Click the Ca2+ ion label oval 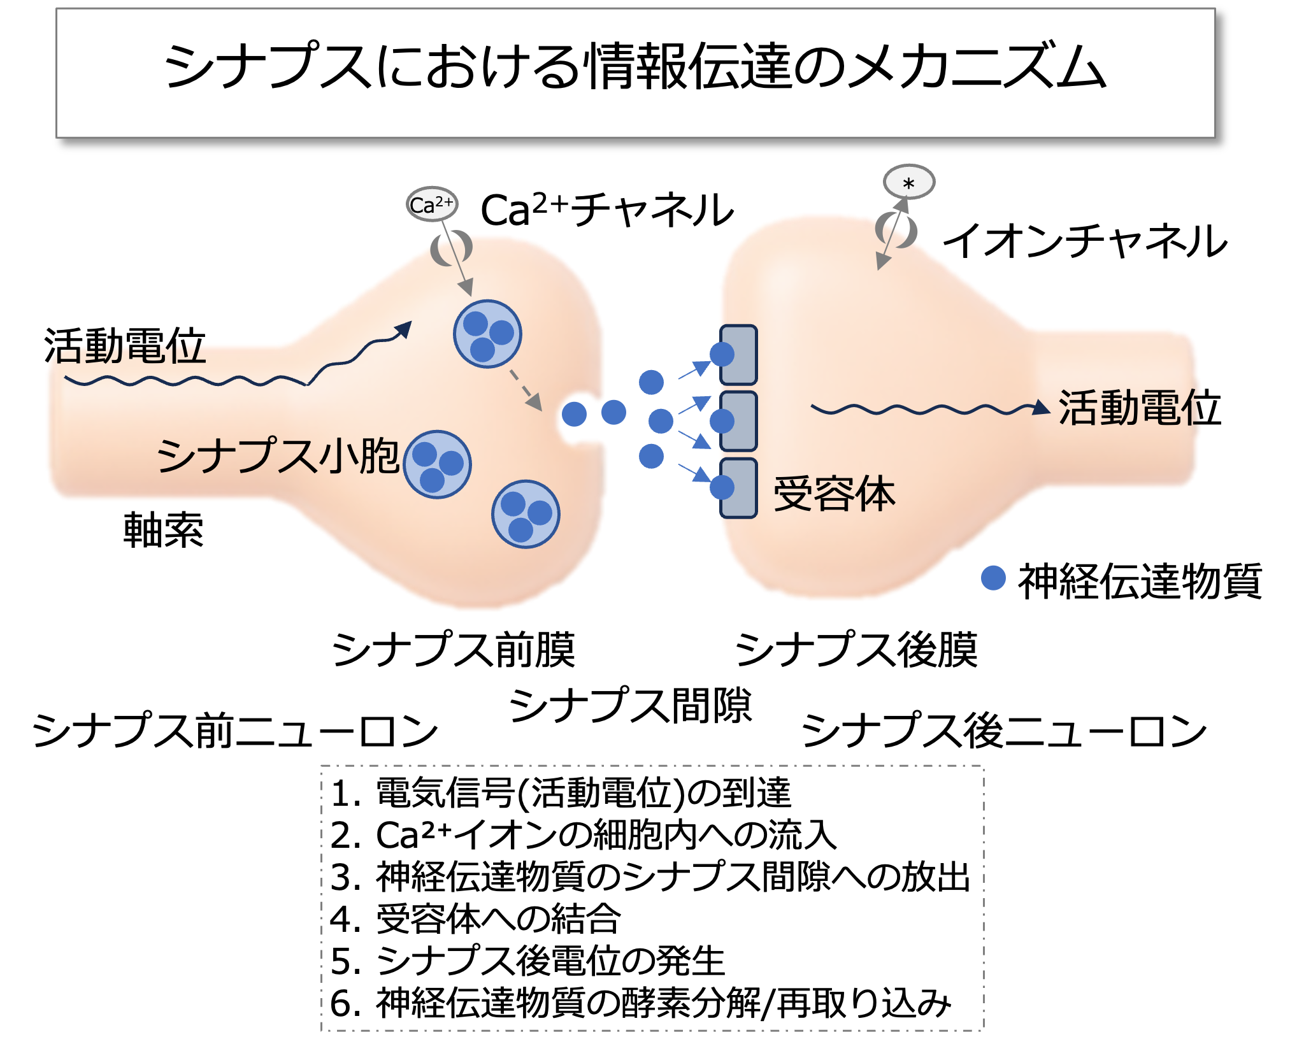(x=432, y=204)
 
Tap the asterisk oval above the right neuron (x=908, y=183)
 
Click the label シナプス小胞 (x=278, y=455)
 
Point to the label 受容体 (x=834, y=494)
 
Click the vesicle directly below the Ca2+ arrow (x=487, y=334)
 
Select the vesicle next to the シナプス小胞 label (x=438, y=464)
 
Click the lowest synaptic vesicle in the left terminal (x=526, y=514)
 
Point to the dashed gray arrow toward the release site (x=526, y=389)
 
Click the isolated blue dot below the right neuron (x=993, y=578)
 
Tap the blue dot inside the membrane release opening (x=574, y=414)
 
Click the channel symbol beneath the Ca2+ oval (x=451, y=248)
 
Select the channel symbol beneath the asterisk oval (x=896, y=231)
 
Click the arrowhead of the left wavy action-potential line (x=404, y=328)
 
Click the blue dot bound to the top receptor (x=722, y=354)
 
